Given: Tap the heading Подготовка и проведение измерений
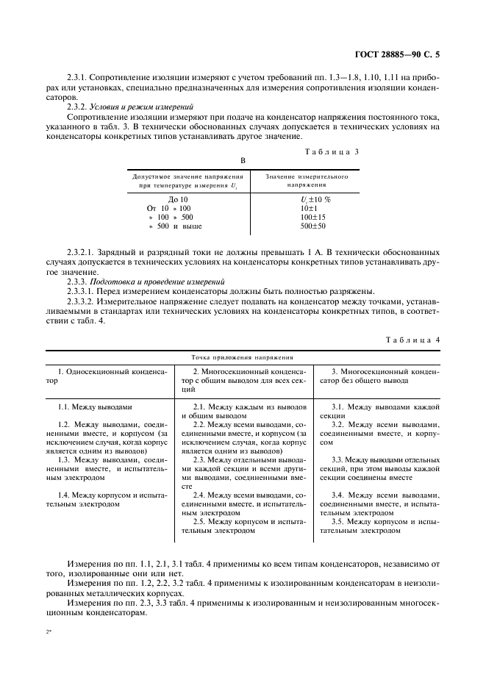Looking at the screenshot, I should pyautogui.click(x=148, y=280).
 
